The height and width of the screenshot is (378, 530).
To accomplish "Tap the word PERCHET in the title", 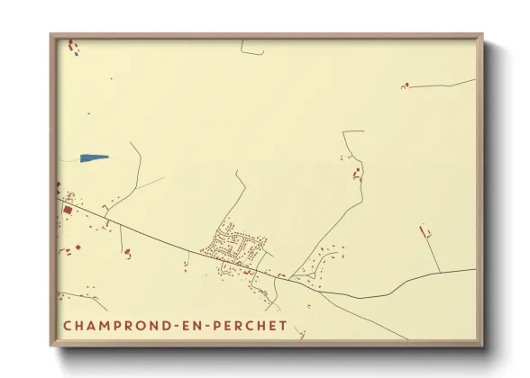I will (250, 325).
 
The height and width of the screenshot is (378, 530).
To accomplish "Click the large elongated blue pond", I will (94, 157).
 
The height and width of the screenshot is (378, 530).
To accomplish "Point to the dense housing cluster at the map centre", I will (239, 243).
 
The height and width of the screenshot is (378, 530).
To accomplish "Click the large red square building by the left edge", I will (68, 210).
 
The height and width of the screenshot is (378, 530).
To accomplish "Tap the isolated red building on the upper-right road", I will (406, 85).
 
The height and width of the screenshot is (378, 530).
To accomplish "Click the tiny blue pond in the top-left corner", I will (77, 53).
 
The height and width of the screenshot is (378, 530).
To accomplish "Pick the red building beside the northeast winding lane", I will (356, 171).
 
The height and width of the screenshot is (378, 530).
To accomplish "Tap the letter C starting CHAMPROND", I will (68, 325).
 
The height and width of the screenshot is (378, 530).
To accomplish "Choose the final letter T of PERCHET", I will (283, 325).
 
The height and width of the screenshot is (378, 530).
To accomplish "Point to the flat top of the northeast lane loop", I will (353, 132).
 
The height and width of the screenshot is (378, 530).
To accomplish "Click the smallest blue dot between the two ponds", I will (89, 114).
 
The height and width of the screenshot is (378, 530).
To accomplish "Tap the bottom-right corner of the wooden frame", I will (483, 346).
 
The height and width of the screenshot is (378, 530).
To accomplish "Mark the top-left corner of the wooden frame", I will (50, 35).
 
